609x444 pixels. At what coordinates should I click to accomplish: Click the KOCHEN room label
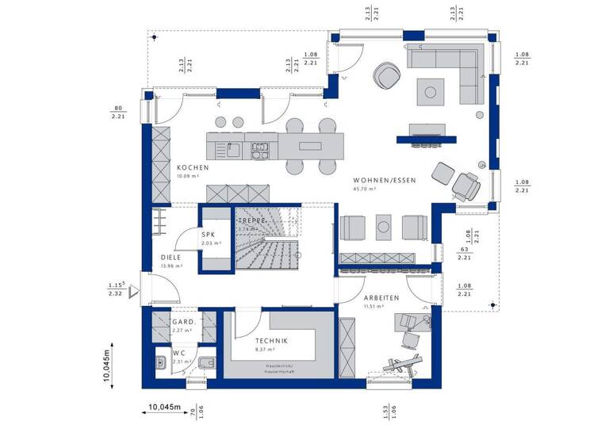pyautogui.click(x=193, y=168)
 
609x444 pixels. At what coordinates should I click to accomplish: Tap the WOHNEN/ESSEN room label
pyautogui.click(x=385, y=180)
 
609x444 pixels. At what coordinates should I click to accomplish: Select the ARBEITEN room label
pyautogui.click(x=381, y=297)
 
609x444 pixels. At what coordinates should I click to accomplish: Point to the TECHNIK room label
pyautogui.click(x=272, y=340)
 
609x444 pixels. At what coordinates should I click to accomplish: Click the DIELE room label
pyautogui.click(x=171, y=257)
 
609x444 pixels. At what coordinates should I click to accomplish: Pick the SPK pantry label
pyautogui.click(x=209, y=235)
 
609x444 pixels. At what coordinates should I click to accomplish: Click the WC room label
pyautogui.click(x=180, y=353)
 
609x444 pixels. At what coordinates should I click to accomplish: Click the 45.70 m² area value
pyautogui.click(x=365, y=189)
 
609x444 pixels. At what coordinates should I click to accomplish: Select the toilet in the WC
pyautogui.click(x=205, y=362)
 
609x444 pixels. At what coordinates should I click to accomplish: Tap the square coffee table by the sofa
pyautogui.click(x=431, y=93)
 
